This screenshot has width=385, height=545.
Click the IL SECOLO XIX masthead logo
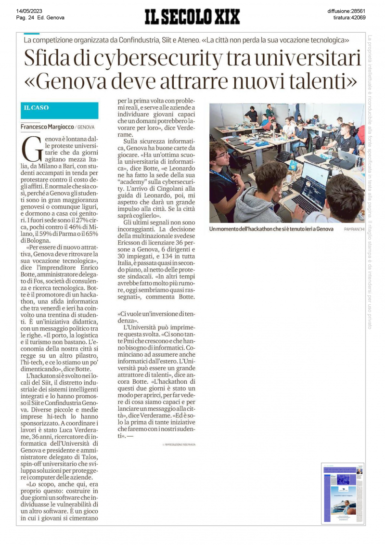[192, 17]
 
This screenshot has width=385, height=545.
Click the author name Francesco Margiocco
[47, 127]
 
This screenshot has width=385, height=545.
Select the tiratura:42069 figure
[349, 17]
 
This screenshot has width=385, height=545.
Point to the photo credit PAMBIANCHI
[354, 230]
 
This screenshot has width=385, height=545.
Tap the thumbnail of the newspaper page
[343, 493]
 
